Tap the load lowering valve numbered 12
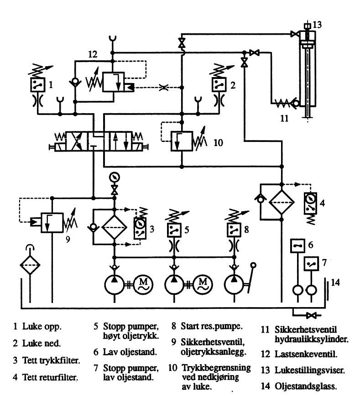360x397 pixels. click(x=114, y=83)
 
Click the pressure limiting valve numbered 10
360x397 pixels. click(x=181, y=141)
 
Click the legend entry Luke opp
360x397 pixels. click(x=38, y=327)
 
